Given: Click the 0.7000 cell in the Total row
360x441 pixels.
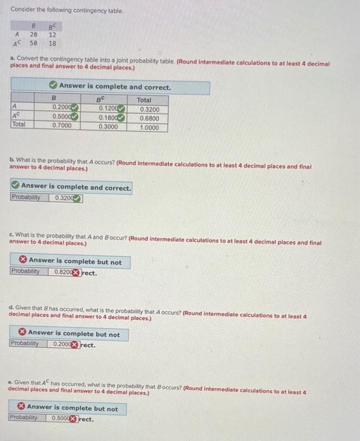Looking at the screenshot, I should point(62,125).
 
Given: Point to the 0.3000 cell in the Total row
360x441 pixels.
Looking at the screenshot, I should point(108,125).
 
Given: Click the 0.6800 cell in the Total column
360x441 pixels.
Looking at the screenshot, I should point(149,117).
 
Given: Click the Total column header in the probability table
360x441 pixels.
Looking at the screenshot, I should point(144,100).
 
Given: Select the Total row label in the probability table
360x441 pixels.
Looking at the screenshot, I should point(20,125).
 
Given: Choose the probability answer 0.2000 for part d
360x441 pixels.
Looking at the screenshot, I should point(62,345).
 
